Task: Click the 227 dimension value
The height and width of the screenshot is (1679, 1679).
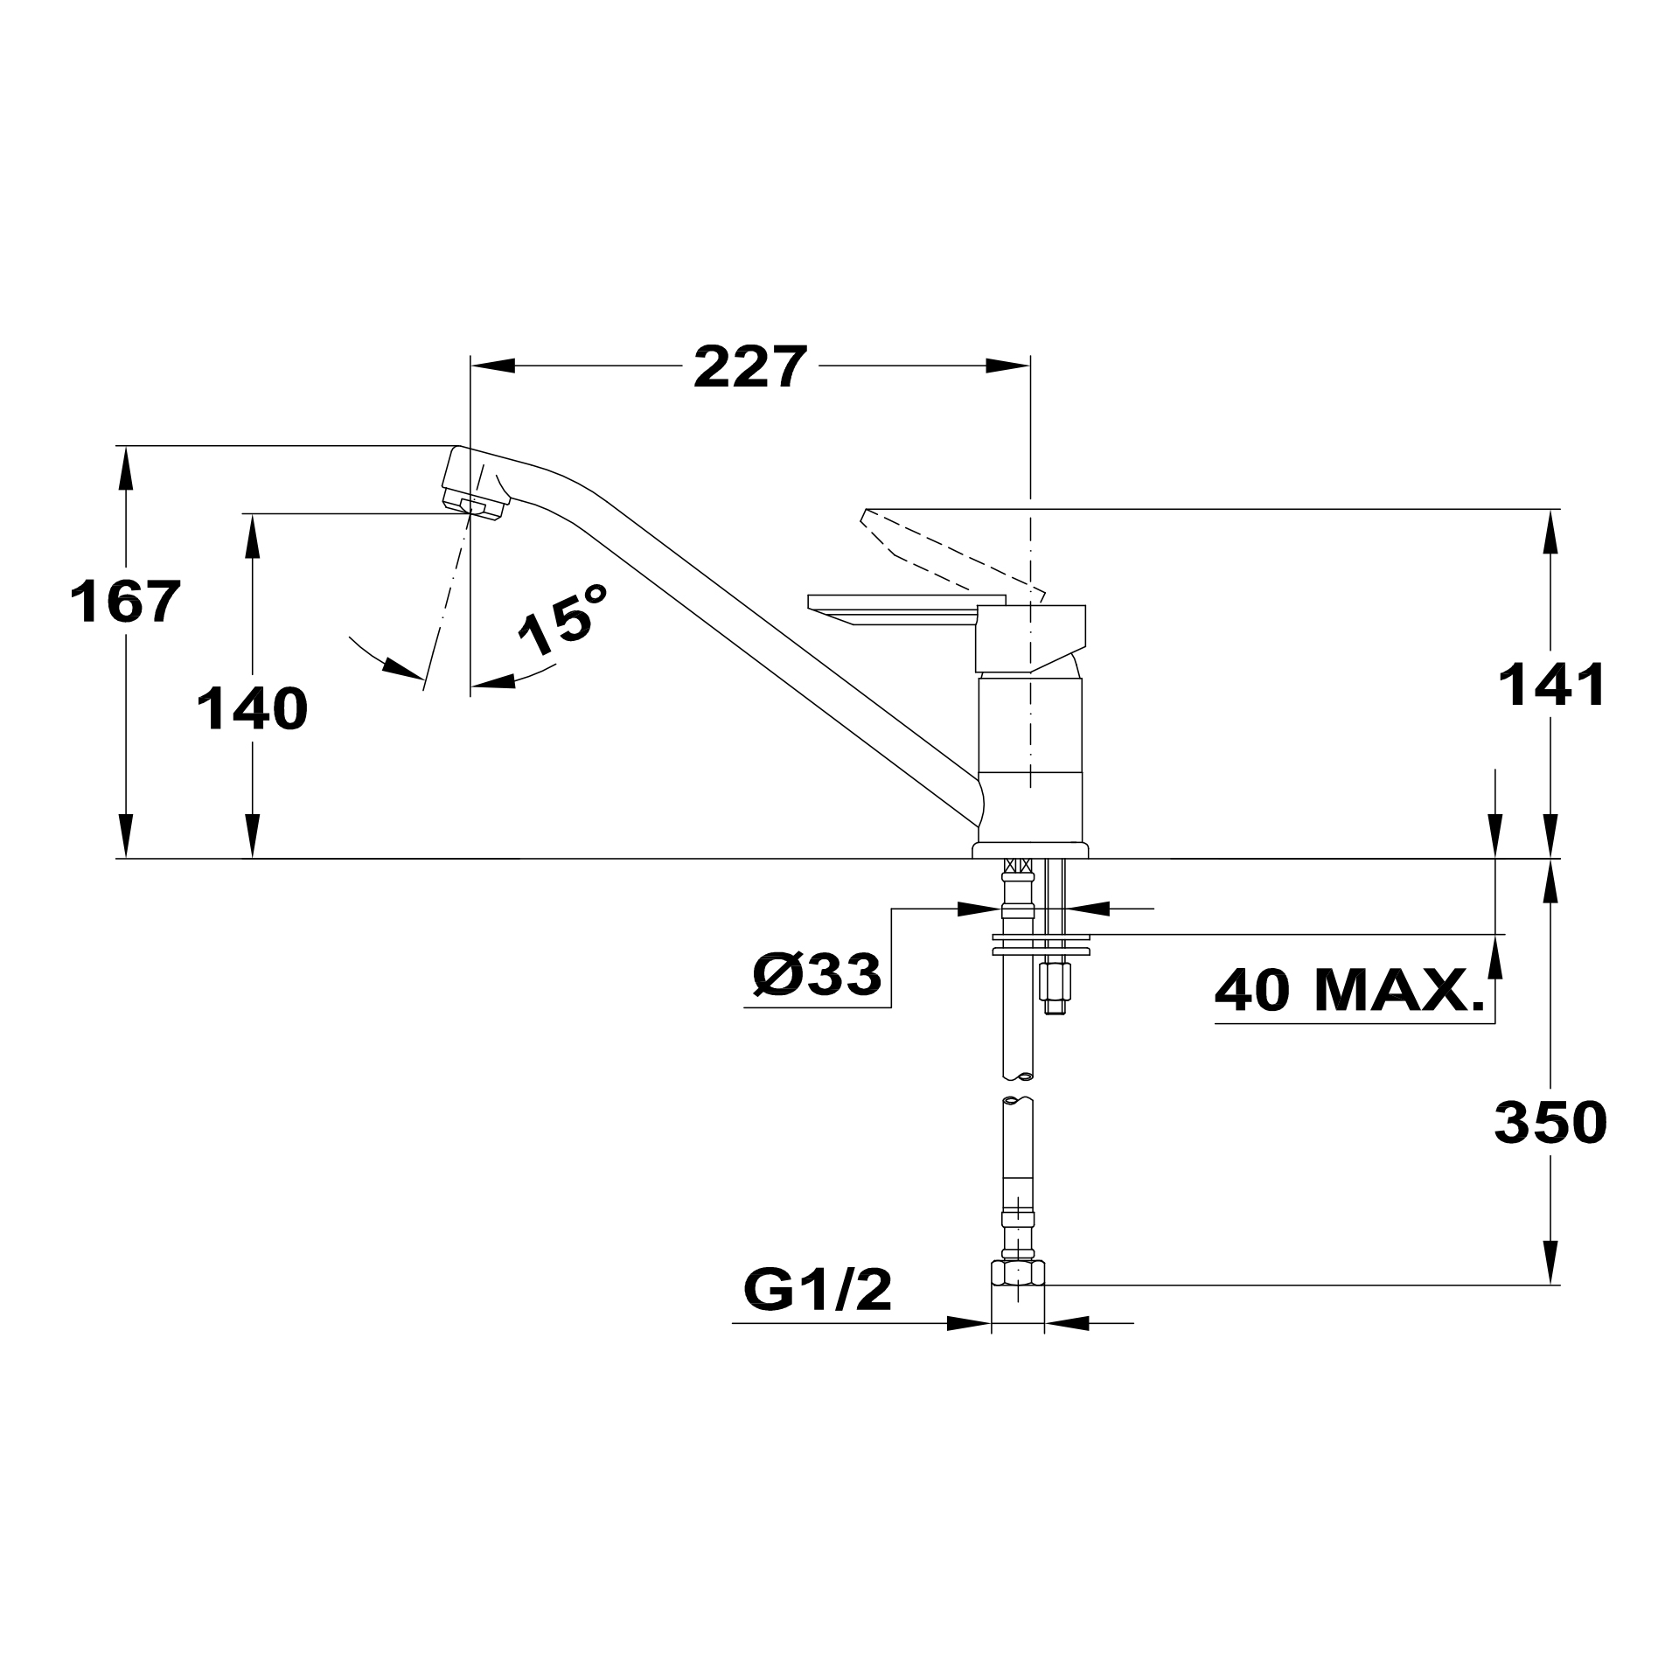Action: click(x=749, y=367)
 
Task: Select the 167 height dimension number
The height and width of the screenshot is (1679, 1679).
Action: click(x=125, y=602)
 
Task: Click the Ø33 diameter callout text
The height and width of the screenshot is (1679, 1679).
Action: click(x=817, y=974)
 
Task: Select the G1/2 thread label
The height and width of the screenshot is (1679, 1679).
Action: click(x=818, y=1288)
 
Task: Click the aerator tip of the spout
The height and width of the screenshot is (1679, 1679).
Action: click(x=474, y=507)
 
